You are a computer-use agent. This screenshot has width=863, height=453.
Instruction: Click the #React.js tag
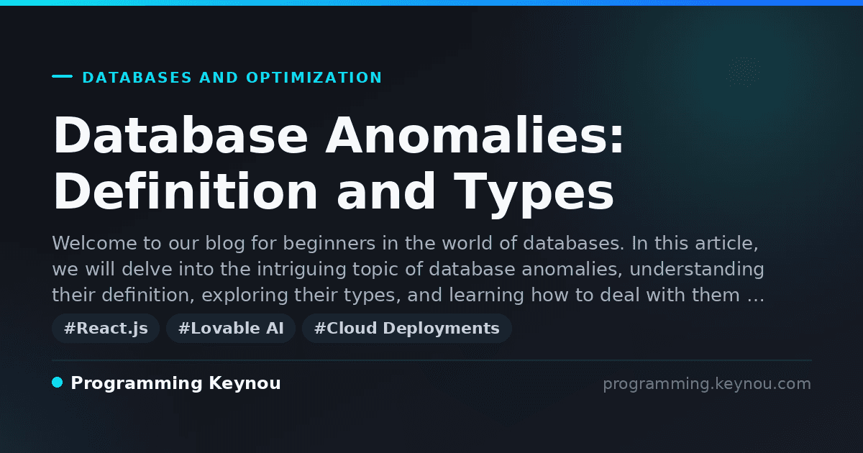click(106, 328)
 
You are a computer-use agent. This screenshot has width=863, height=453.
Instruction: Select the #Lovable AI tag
click(231, 328)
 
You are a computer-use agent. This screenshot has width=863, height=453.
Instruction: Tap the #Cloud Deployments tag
click(407, 328)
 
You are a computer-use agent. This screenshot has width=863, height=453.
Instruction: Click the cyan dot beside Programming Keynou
click(58, 383)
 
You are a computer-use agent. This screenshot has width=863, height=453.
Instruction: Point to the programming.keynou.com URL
click(707, 384)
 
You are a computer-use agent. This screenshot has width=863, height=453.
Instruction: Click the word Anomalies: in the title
click(474, 136)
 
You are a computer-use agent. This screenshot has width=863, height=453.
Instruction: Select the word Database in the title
click(181, 136)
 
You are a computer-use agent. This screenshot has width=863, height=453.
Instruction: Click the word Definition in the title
click(185, 191)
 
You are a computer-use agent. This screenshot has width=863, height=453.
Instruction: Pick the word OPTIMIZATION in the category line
click(314, 78)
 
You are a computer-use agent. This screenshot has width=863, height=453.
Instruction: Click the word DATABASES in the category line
click(137, 78)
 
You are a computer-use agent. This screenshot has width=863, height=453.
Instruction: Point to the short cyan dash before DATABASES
click(62, 76)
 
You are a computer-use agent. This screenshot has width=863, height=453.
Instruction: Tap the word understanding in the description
click(697, 270)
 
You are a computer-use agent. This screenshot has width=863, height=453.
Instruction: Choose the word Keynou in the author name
click(245, 383)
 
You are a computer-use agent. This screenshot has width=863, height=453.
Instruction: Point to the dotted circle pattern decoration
click(743, 72)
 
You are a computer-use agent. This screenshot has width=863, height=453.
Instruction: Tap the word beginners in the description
click(329, 244)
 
